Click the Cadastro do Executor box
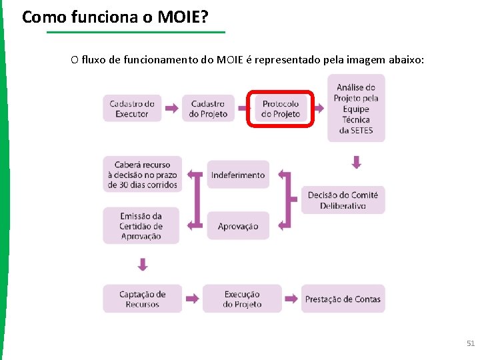(x=132, y=108)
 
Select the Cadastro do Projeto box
(x=208, y=108)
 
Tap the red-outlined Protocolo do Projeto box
(x=281, y=109)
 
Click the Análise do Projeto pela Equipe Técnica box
(x=356, y=108)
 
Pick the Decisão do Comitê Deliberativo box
(x=343, y=200)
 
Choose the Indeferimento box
(x=238, y=175)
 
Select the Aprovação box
(x=238, y=226)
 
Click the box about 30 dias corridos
(x=141, y=175)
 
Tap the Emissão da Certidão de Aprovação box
(x=141, y=226)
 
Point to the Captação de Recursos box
(x=142, y=299)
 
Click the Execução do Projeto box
(x=242, y=299)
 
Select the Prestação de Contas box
(x=343, y=299)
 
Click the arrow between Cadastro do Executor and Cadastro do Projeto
(x=171, y=108)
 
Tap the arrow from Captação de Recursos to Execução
(x=192, y=299)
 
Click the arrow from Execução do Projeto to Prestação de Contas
(x=291, y=299)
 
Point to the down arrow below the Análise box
(x=356, y=162)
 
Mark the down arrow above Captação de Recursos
(x=142, y=265)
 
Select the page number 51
(x=471, y=343)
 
